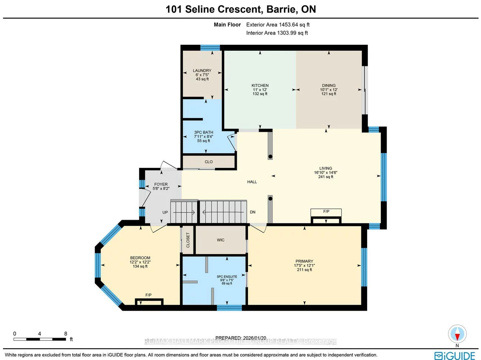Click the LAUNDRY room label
point(202,70)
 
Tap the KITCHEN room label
point(260,85)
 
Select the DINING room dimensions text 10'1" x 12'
point(329,90)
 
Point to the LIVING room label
point(326,168)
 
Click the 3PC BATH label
point(203,132)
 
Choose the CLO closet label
point(209,162)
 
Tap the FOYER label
point(161,184)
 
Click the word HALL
point(252,182)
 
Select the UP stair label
point(165,212)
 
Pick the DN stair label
point(253,212)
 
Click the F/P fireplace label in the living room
point(326,212)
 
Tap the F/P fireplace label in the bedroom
point(148,295)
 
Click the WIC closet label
point(221,240)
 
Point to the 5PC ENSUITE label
point(227,276)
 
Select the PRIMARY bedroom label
point(304,261)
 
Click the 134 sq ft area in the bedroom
point(140,266)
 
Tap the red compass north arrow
point(457,336)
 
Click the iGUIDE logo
point(455,356)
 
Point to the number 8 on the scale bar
point(66,334)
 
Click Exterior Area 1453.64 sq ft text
point(277,25)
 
